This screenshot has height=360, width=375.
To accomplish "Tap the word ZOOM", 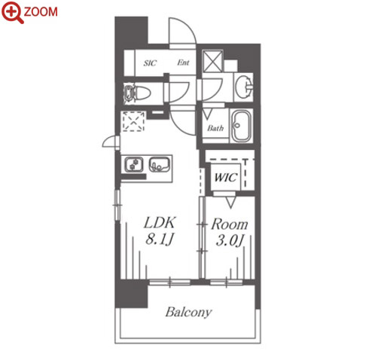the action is pyautogui.click(x=41, y=12).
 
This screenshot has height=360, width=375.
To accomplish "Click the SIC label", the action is pyautogui.click(x=150, y=63).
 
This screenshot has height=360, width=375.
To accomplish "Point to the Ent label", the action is pyautogui.click(x=183, y=63).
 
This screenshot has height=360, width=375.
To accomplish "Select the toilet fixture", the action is pyautogui.click(x=137, y=93).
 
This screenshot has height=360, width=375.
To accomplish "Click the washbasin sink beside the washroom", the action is pyautogui.click(x=243, y=87).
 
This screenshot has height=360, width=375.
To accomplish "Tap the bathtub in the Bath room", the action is pyautogui.click(x=241, y=126).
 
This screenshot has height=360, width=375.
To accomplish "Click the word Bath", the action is pyautogui.click(x=215, y=128).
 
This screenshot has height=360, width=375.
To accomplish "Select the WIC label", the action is pyautogui.click(x=225, y=178).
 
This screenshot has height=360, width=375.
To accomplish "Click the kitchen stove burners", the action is pyautogui.click(x=134, y=164).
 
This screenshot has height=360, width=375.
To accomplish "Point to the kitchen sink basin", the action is pyautogui.click(x=159, y=164).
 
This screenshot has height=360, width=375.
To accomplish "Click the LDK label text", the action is pyautogui.click(x=159, y=222).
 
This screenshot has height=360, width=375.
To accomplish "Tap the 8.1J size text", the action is pyautogui.click(x=159, y=239).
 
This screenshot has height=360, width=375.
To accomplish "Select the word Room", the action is pyautogui.click(x=230, y=224).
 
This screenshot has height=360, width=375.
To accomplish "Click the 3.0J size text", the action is pyautogui.click(x=230, y=240).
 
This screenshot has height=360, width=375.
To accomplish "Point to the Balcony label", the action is pyautogui.click(x=188, y=313).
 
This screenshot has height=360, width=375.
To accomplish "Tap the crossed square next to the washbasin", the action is pyautogui.click(x=212, y=61).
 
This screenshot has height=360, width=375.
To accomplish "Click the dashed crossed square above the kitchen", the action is pyautogui.click(x=133, y=121).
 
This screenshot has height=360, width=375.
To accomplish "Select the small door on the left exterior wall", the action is pyautogui.click(x=111, y=142).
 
